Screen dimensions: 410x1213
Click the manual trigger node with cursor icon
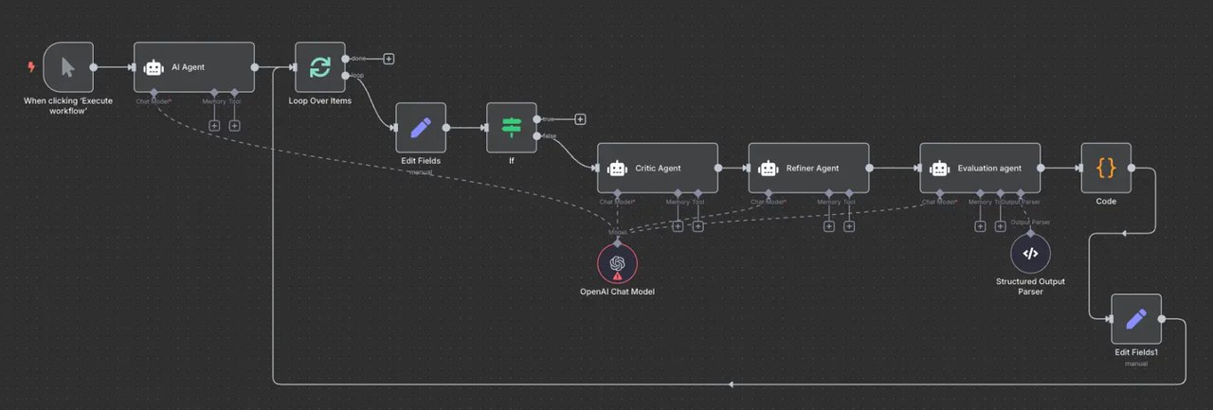coord(67,67)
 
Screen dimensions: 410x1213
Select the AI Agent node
coord(193,67)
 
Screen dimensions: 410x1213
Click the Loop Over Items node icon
coord(319,67)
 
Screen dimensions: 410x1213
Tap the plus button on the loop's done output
coord(389,59)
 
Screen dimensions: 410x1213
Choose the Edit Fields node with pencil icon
coord(420,127)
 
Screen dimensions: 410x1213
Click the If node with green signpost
coord(511,127)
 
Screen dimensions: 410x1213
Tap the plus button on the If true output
coord(580,119)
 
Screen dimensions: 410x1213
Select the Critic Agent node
coord(657,168)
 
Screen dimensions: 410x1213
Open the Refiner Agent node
coord(808,168)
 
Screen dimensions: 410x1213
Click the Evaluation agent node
coord(979,168)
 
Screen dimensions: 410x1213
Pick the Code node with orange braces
coord(1106,168)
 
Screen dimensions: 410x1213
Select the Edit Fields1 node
coord(1136,319)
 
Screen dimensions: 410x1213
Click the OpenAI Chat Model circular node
coord(617,263)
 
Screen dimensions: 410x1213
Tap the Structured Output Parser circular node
coord(1030,253)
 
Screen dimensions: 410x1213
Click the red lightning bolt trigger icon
coord(31,67)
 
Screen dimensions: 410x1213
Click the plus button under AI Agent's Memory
coord(214,125)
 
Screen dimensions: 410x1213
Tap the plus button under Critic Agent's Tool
coord(698,225)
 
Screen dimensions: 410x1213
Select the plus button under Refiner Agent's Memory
coord(829,225)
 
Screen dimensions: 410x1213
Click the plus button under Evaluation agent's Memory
coord(980,225)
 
